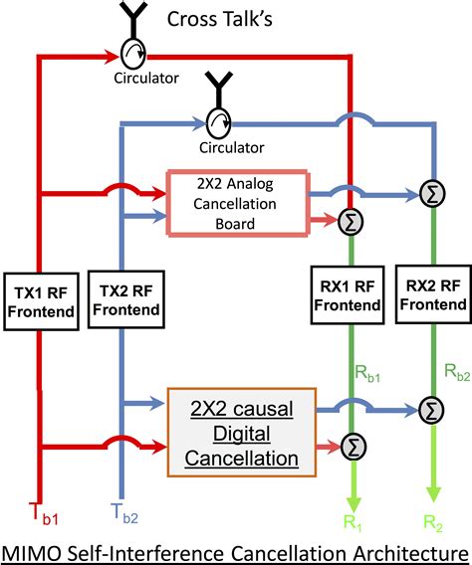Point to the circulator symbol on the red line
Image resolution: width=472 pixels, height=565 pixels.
[x=131, y=53]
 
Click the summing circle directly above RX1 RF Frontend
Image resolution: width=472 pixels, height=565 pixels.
[x=350, y=221]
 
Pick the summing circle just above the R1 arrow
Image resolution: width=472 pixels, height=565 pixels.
[x=350, y=446]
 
